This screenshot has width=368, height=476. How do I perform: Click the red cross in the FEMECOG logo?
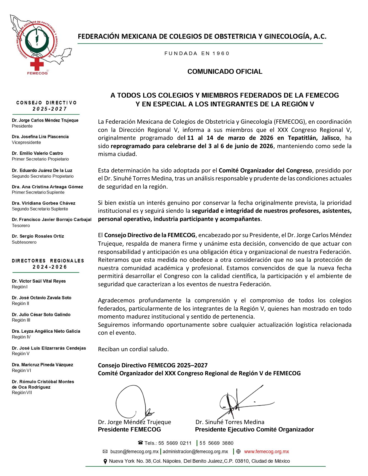pos(37,64)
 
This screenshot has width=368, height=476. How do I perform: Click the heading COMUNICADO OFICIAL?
pos(225,71)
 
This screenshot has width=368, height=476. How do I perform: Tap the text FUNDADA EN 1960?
pos(197,53)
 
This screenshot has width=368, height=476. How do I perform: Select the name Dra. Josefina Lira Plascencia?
pos(40,137)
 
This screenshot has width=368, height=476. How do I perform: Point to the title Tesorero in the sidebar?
pos(21,226)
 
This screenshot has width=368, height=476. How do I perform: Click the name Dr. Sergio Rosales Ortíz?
pos(38,236)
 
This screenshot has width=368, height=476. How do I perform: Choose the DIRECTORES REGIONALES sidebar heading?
pos(48,261)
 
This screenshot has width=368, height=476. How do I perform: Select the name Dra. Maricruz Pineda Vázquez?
pos(42,365)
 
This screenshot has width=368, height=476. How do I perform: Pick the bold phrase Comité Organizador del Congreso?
pos(265,170)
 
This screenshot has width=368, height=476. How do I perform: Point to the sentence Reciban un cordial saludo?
pos(133,349)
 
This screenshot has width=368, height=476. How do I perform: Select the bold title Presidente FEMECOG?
pos(129,429)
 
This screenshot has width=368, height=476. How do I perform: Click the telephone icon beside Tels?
pos(140,443)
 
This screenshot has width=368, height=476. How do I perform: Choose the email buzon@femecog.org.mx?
pos(134,452)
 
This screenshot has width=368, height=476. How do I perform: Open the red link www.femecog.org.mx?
pos(266,452)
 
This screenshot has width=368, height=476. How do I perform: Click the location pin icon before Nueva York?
pos(105,462)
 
